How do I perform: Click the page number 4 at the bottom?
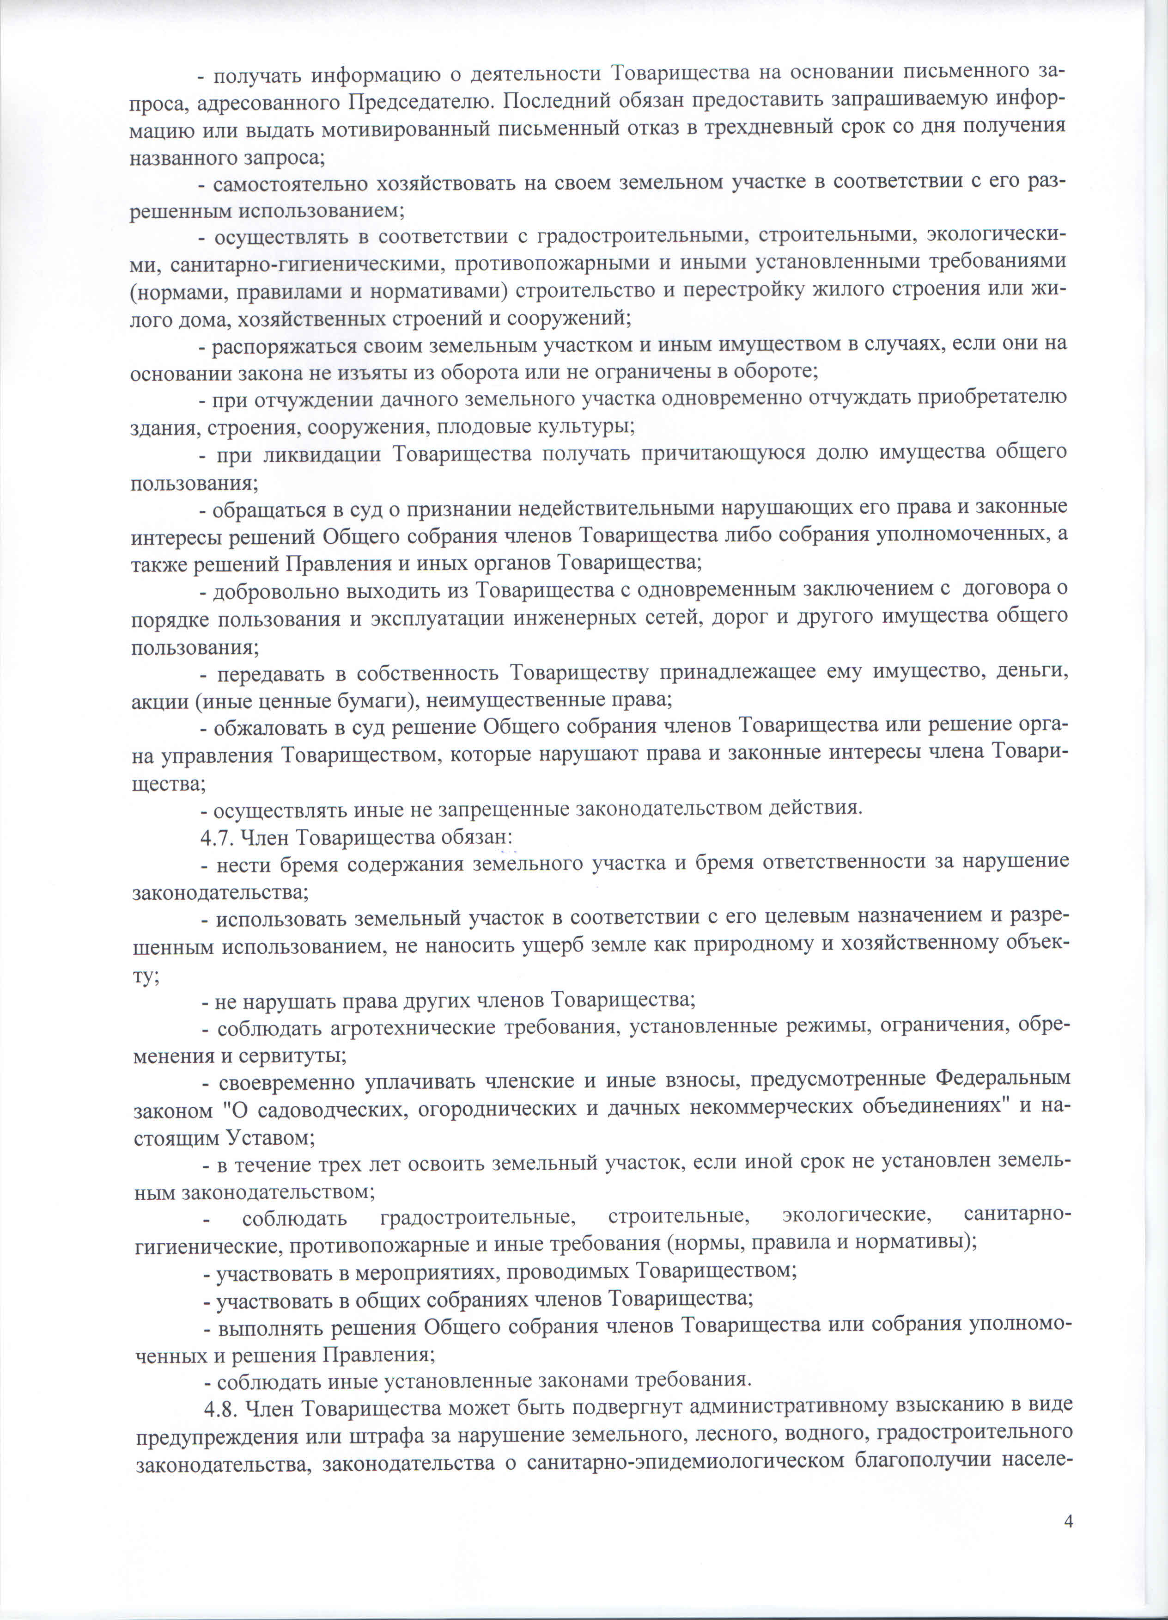(1069, 1541)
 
